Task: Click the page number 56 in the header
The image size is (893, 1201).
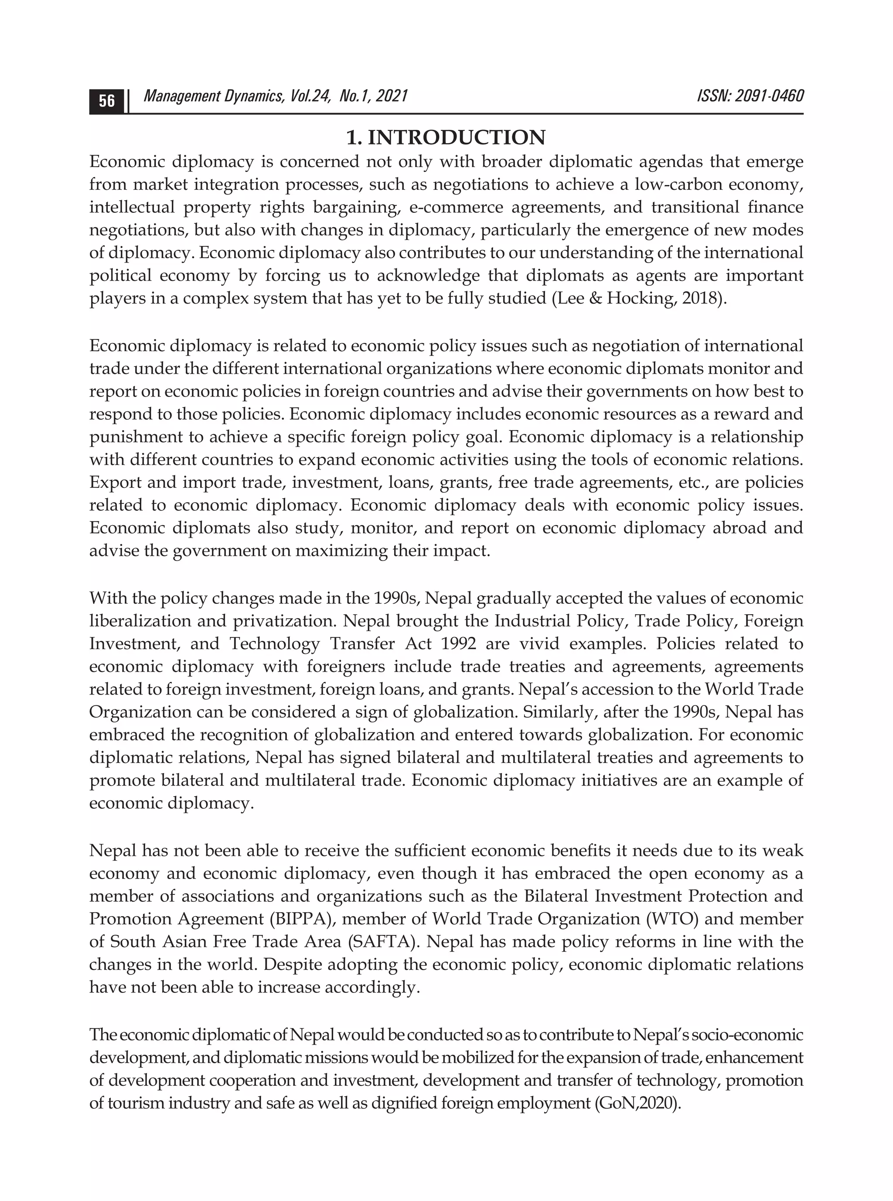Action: (x=106, y=101)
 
